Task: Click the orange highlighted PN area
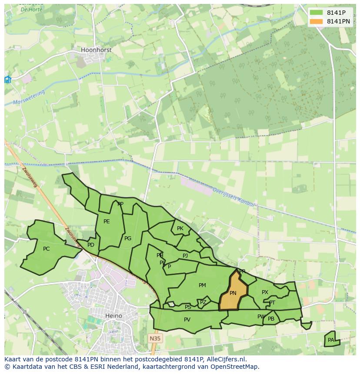tap(233, 293)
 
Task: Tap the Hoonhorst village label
tap(96, 50)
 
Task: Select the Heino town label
tap(113, 316)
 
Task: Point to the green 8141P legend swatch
tap(316, 12)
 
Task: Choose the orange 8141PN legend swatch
tap(316, 21)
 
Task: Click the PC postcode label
tap(47, 249)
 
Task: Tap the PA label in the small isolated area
tap(331, 340)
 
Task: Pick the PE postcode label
tap(107, 222)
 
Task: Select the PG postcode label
tap(128, 238)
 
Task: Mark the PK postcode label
tap(180, 228)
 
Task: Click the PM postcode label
tap(202, 285)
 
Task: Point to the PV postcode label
tap(187, 320)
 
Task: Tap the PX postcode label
tap(265, 292)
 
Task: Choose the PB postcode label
tap(271, 319)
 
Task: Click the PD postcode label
tap(91, 245)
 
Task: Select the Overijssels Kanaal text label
tap(233, 198)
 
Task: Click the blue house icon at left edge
tap(7, 79)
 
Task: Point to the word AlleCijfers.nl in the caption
tap(227, 359)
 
